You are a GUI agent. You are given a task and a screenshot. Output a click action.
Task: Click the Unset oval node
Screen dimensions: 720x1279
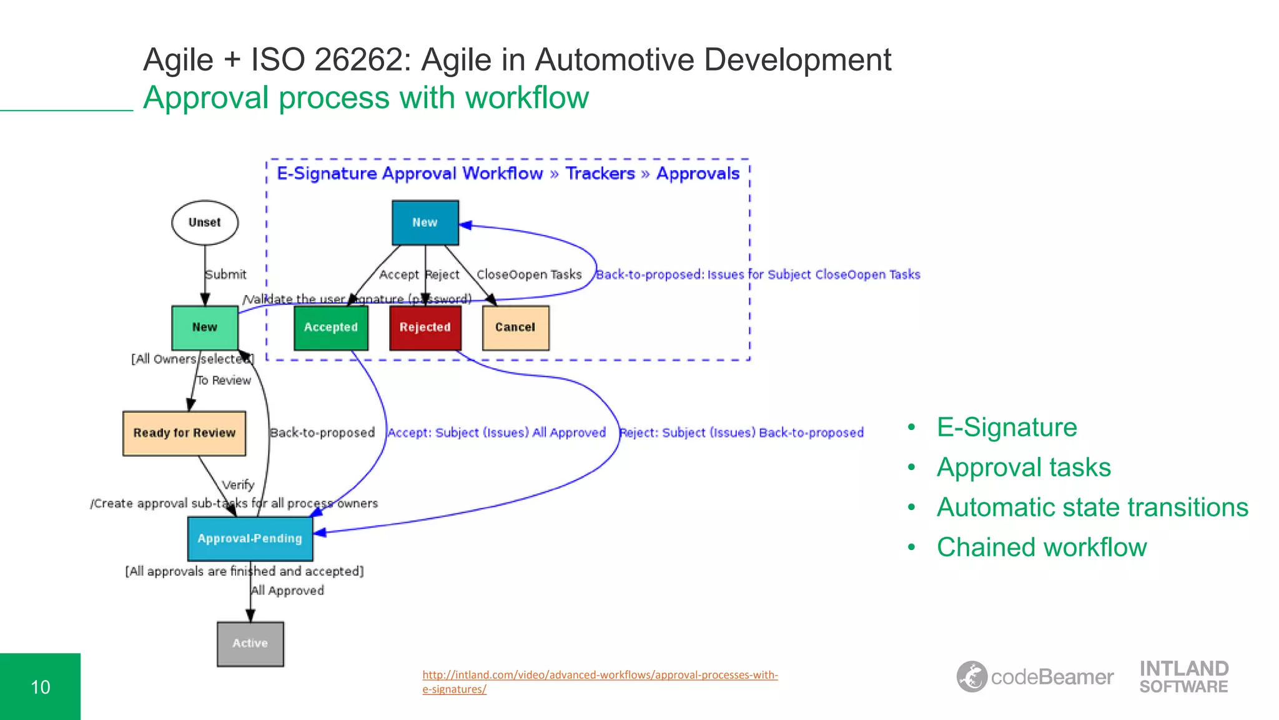tap(205, 222)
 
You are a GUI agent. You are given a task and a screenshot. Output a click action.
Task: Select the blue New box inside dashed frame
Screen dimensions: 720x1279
tap(425, 222)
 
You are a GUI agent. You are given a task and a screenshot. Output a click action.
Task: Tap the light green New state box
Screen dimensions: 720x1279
tap(205, 327)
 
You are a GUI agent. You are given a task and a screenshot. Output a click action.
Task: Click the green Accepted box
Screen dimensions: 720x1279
tap(331, 327)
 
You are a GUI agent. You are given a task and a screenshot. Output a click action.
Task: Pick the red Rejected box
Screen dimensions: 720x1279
tap(425, 327)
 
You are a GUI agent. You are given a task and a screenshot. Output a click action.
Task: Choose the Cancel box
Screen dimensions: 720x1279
tap(515, 327)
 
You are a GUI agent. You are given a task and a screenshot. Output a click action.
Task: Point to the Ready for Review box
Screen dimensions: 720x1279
tap(184, 433)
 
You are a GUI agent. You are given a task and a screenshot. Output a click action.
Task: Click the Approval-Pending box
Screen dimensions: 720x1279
tap(250, 538)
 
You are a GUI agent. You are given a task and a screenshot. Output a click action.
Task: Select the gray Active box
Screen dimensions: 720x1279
tap(250, 643)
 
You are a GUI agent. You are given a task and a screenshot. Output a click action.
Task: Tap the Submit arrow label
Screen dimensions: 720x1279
tap(226, 274)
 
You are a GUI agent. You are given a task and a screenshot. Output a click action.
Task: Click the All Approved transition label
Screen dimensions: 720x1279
tap(288, 591)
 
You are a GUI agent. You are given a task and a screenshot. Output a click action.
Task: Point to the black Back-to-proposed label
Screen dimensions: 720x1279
tap(322, 432)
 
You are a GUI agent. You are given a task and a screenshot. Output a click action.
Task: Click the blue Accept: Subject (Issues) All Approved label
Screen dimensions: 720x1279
tap(496, 432)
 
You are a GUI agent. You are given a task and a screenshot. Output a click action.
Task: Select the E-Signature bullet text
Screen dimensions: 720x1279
tap(1007, 427)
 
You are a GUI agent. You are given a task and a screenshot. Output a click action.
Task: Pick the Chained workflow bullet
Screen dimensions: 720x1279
tap(1042, 547)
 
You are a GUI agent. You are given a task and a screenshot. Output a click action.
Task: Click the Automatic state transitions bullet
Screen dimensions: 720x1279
tap(1092, 507)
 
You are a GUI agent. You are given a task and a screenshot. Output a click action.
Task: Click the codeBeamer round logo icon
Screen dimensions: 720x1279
tap(972, 676)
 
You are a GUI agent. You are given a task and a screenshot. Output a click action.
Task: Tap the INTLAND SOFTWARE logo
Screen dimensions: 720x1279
tap(1183, 677)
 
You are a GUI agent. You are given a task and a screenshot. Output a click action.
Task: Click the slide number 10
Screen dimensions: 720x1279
tap(41, 687)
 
